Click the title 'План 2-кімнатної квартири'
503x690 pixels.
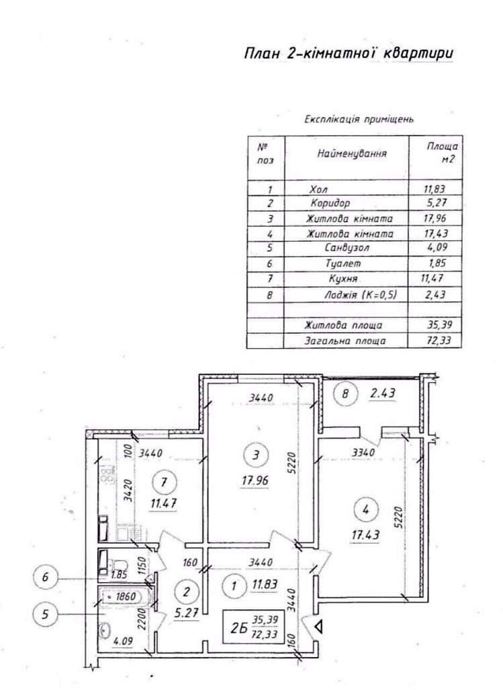point(349,53)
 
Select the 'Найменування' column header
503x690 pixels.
point(352,154)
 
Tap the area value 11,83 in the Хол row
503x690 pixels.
point(434,189)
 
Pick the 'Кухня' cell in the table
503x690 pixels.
point(343,279)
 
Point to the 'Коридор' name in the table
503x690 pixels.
point(330,203)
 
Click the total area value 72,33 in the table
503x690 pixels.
point(439,340)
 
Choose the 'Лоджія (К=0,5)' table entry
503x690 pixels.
point(361,294)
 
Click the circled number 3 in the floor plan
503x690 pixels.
point(257,455)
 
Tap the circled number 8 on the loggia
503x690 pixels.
point(345,394)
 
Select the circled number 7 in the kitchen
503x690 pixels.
point(164,482)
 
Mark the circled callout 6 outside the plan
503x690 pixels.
point(45,576)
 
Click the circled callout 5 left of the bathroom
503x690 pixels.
point(45,613)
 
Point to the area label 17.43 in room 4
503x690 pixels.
point(365,535)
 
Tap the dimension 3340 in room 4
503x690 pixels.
point(363,452)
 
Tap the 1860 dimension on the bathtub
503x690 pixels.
point(128,597)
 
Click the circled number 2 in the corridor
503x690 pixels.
point(187,592)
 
